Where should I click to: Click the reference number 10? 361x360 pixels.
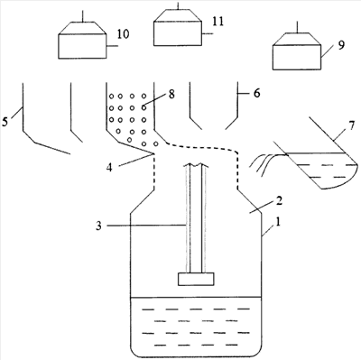click(x=123, y=34)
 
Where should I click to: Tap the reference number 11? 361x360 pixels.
click(x=218, y=22)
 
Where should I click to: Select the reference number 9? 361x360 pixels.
click(x=341, y=45)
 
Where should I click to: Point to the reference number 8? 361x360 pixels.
click(x=171, y=95)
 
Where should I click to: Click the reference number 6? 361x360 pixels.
click(x=256, y=93)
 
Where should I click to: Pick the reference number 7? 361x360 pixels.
click(x=352, y=126)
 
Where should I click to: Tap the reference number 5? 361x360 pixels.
click(x=5, y=122)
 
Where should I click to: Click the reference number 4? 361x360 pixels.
click(x=109, y=168)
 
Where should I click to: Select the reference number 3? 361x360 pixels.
click(x=99, y=226)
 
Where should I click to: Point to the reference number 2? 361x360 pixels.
click(x=280, y=200)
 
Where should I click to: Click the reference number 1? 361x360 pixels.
click(x=278, y=222)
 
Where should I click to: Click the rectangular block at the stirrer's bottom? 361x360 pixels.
click(x=197, y=279)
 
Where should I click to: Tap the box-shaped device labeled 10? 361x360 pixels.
click(x=83, y=40)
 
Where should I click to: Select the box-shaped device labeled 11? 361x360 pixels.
click(x=178, y=27)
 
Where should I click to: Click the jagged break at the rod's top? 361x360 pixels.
click(x=197, y=165)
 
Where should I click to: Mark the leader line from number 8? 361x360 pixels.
click(x=154, y=99)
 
